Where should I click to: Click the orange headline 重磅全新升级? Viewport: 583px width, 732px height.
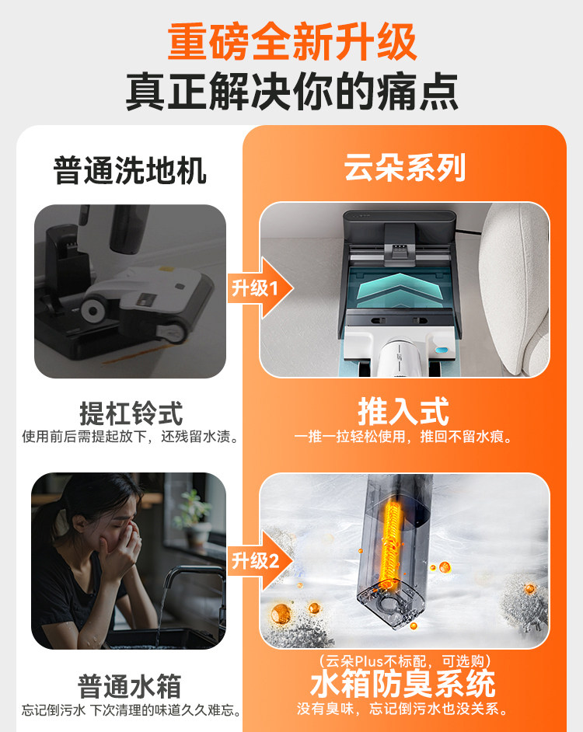pyautogui.click(x=292, y=43)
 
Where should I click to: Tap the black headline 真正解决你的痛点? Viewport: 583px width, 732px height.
pyautogui.click(x=292, y=91)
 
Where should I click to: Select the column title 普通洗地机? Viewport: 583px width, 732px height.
pyautogui.click(x=130, y=170)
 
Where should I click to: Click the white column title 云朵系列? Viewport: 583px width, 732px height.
pyautogui.click(x=404, y=168)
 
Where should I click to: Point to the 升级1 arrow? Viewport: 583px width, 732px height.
pyautogui.click(x=260, y=288)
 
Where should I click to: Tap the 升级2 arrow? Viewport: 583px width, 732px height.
pyautogui.click(x=260, y=561)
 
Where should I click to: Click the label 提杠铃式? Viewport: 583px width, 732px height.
pyautogui.click(x=131, y=413)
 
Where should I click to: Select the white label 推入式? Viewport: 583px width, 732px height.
pyautogui.click(x=403, y=411)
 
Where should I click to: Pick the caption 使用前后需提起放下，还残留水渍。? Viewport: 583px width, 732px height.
pyautogui.click(x=131, y=437)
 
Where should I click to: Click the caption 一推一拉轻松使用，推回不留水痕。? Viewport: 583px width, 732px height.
pyautogui.click(x=404, y=437)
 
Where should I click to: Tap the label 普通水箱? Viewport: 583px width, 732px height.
pyautogui.click(x=129, y=686)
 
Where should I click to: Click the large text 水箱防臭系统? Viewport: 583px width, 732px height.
pyautogui.click(x=403, y=684)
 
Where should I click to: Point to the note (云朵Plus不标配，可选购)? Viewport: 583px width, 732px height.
pyautogui.click(x=405, y=661)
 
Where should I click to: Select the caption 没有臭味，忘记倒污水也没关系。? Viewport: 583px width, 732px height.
pyautogui.click(x=403, y=709)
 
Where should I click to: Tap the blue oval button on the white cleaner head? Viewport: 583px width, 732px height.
pyautogui.click(x=442, y=349)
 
